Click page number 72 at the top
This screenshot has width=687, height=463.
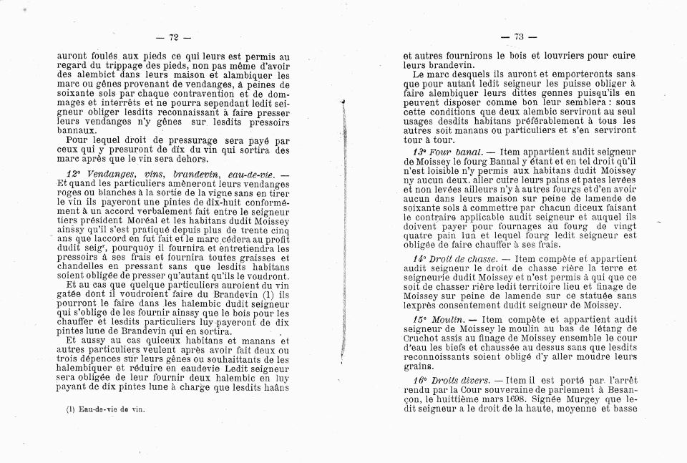173,38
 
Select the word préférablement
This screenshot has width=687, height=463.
553,121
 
